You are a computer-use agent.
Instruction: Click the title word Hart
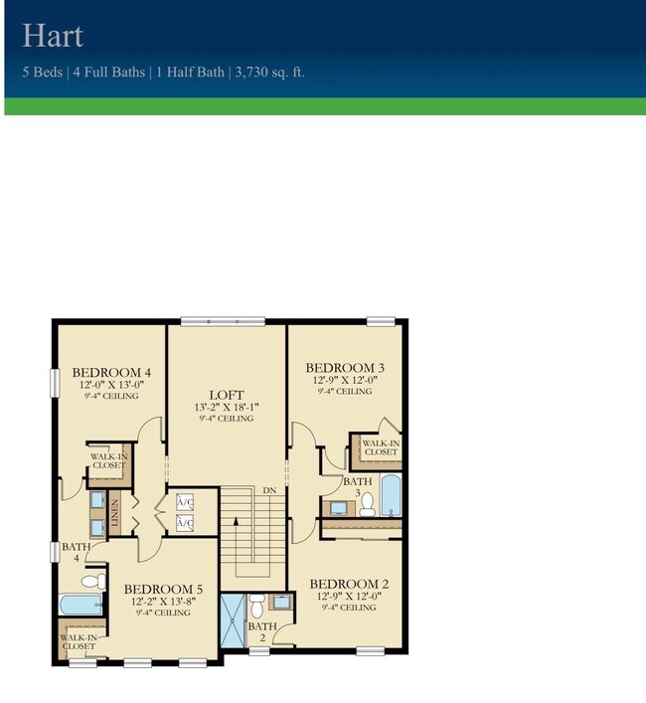[x=53, y=37]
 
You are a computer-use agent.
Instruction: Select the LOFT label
[x=226, y=395]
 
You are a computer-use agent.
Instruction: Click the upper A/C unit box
[x=185, y=501]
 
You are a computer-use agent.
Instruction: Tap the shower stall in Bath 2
[x=233, y=618]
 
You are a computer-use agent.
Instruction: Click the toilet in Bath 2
[x=257, y=605]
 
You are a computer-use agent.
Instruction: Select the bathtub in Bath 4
[x=80, y=605]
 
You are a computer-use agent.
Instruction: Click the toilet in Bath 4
[x=91, y=581]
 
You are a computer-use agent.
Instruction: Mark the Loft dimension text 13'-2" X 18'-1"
[x=226, y=407]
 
